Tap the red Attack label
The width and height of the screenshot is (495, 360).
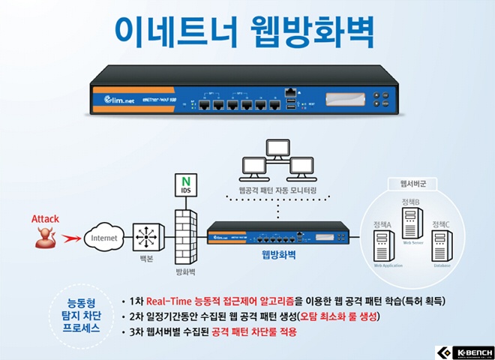pyautogui.click(x=45, y=219)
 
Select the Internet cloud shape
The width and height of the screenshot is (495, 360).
pyautogui.click(x=105, y=239)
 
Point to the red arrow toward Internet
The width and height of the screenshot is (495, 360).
pyautogui.click(x=70, y=239)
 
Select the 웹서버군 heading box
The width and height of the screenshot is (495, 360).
pyautogui.click(x=414, y=183)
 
